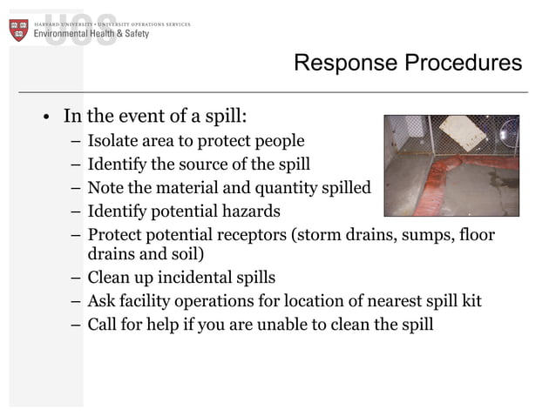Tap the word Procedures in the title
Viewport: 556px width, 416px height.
click(x=464, y=64)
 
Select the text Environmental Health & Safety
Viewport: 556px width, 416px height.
click(x=92, y=34)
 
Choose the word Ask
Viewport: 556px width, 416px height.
click(x=101, y=302)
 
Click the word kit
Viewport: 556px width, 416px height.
click(x=471, y=302)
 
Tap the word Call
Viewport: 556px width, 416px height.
click(x=103, y=325)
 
